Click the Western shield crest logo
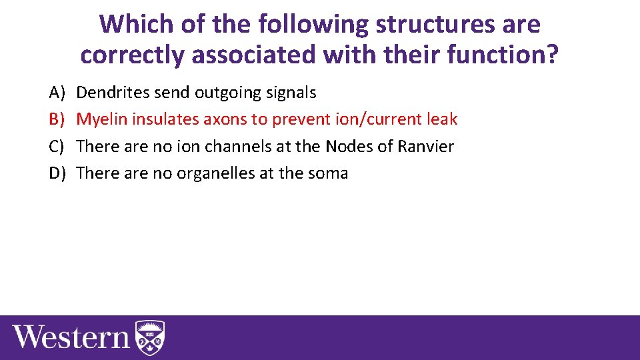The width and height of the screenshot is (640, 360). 150,337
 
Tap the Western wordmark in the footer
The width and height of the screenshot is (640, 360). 71,337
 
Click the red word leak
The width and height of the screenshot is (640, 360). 443,119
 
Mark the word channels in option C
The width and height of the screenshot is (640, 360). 235,146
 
